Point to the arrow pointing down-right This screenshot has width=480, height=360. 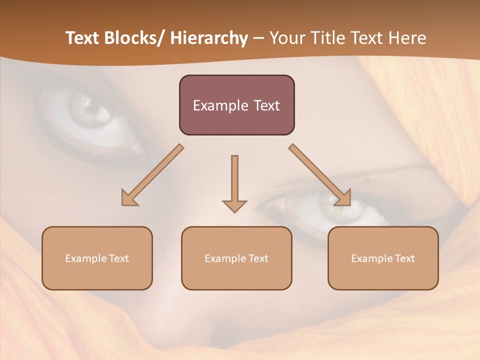point(320,175)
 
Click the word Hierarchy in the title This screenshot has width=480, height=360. point(209,38)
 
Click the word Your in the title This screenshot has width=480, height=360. point(285,38)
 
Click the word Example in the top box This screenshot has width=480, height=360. point(220,106)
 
